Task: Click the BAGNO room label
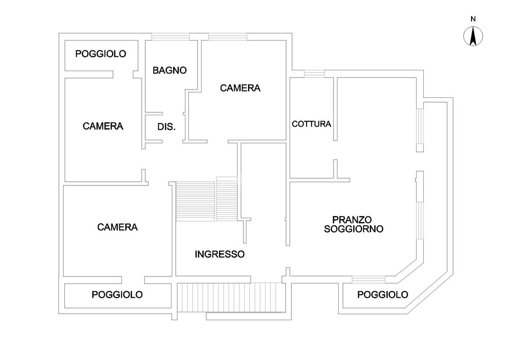(x=170, y=70)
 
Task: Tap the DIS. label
(x=166, y=127)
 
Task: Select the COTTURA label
(x=312, y=124)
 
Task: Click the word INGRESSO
(x=220, y=254)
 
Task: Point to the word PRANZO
(x=352, y=219)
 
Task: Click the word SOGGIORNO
(x=353, y=229)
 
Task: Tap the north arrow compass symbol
(x=473, y=36)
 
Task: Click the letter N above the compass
(x=473, y=19)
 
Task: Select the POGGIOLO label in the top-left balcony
(x=101, y=54)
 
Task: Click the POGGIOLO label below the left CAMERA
(x=117, y=295)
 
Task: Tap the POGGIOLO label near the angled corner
(x=383, y=295)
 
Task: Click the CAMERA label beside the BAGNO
(x=240, y=88)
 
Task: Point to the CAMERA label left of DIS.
(x=103, y=126)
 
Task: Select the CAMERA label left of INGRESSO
(x=118, y=227)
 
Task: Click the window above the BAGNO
(x=171, y=37)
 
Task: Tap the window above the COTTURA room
(x=314, y=74)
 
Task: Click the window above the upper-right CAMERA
(x=228, y=37)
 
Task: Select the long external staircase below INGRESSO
(x=231, y=297)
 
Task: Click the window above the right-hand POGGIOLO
(x=369, y=280)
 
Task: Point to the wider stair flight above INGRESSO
(x=196, y=202)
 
